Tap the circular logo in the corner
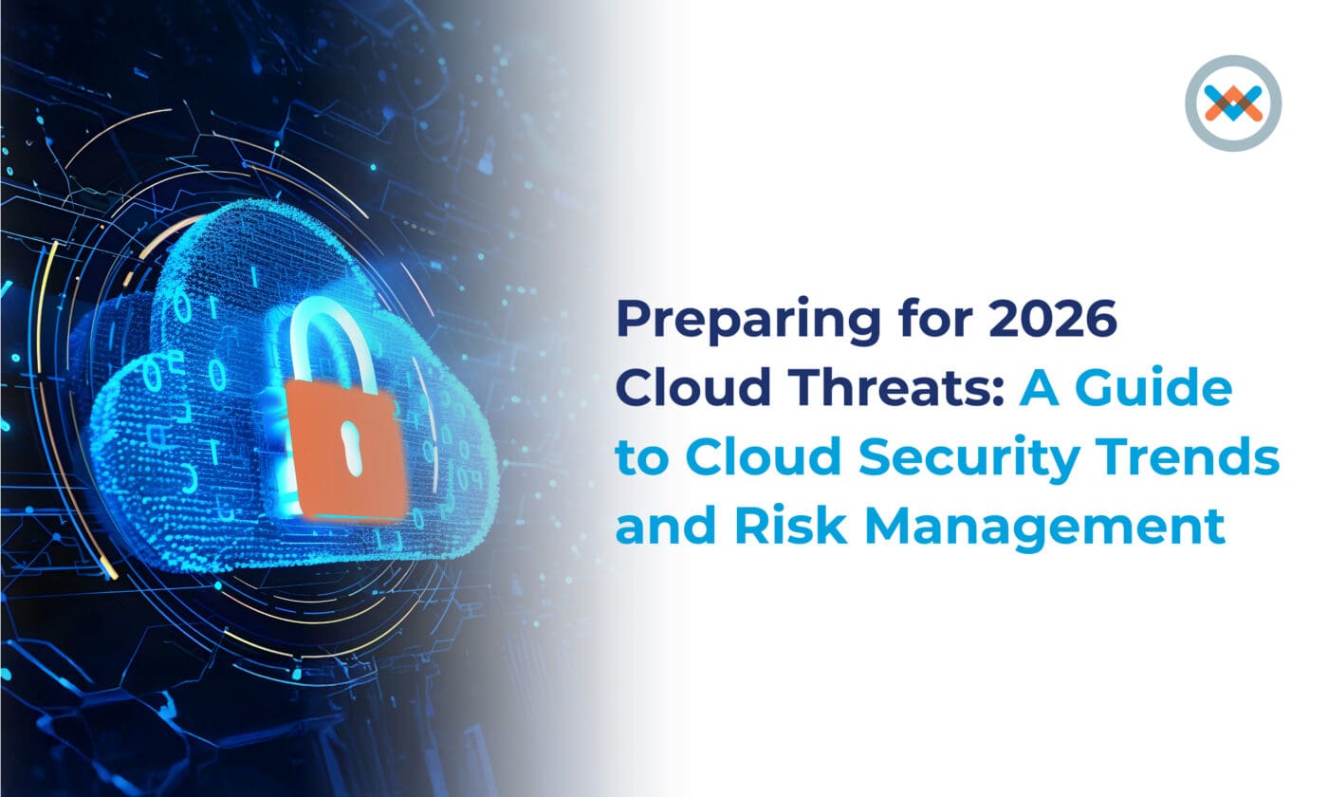(1233, 102)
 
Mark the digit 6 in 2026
(1099, 321)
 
